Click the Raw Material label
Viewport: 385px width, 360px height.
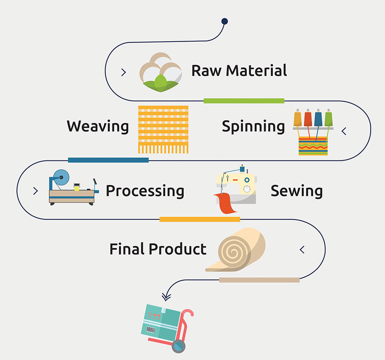tap(239, 70)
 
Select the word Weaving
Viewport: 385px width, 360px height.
tap(97, 127)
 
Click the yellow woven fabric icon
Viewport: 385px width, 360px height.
tap(163, 127)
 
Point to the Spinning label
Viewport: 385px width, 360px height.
tap(253, 127)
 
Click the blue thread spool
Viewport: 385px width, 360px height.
tap(318, 118)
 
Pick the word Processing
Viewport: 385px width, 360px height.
tap(145, 191)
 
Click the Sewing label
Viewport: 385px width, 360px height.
tap(297, 191)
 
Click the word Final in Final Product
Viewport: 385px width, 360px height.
tap(127, 249)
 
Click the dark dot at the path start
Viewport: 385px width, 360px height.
tap(224, 21)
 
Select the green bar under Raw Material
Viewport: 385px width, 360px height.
tap(243, 101)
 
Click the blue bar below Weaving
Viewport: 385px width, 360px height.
tap(108, 160)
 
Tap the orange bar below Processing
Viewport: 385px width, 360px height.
tap(200, 219)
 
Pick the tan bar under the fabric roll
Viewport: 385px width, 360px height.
tap(259, 280)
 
